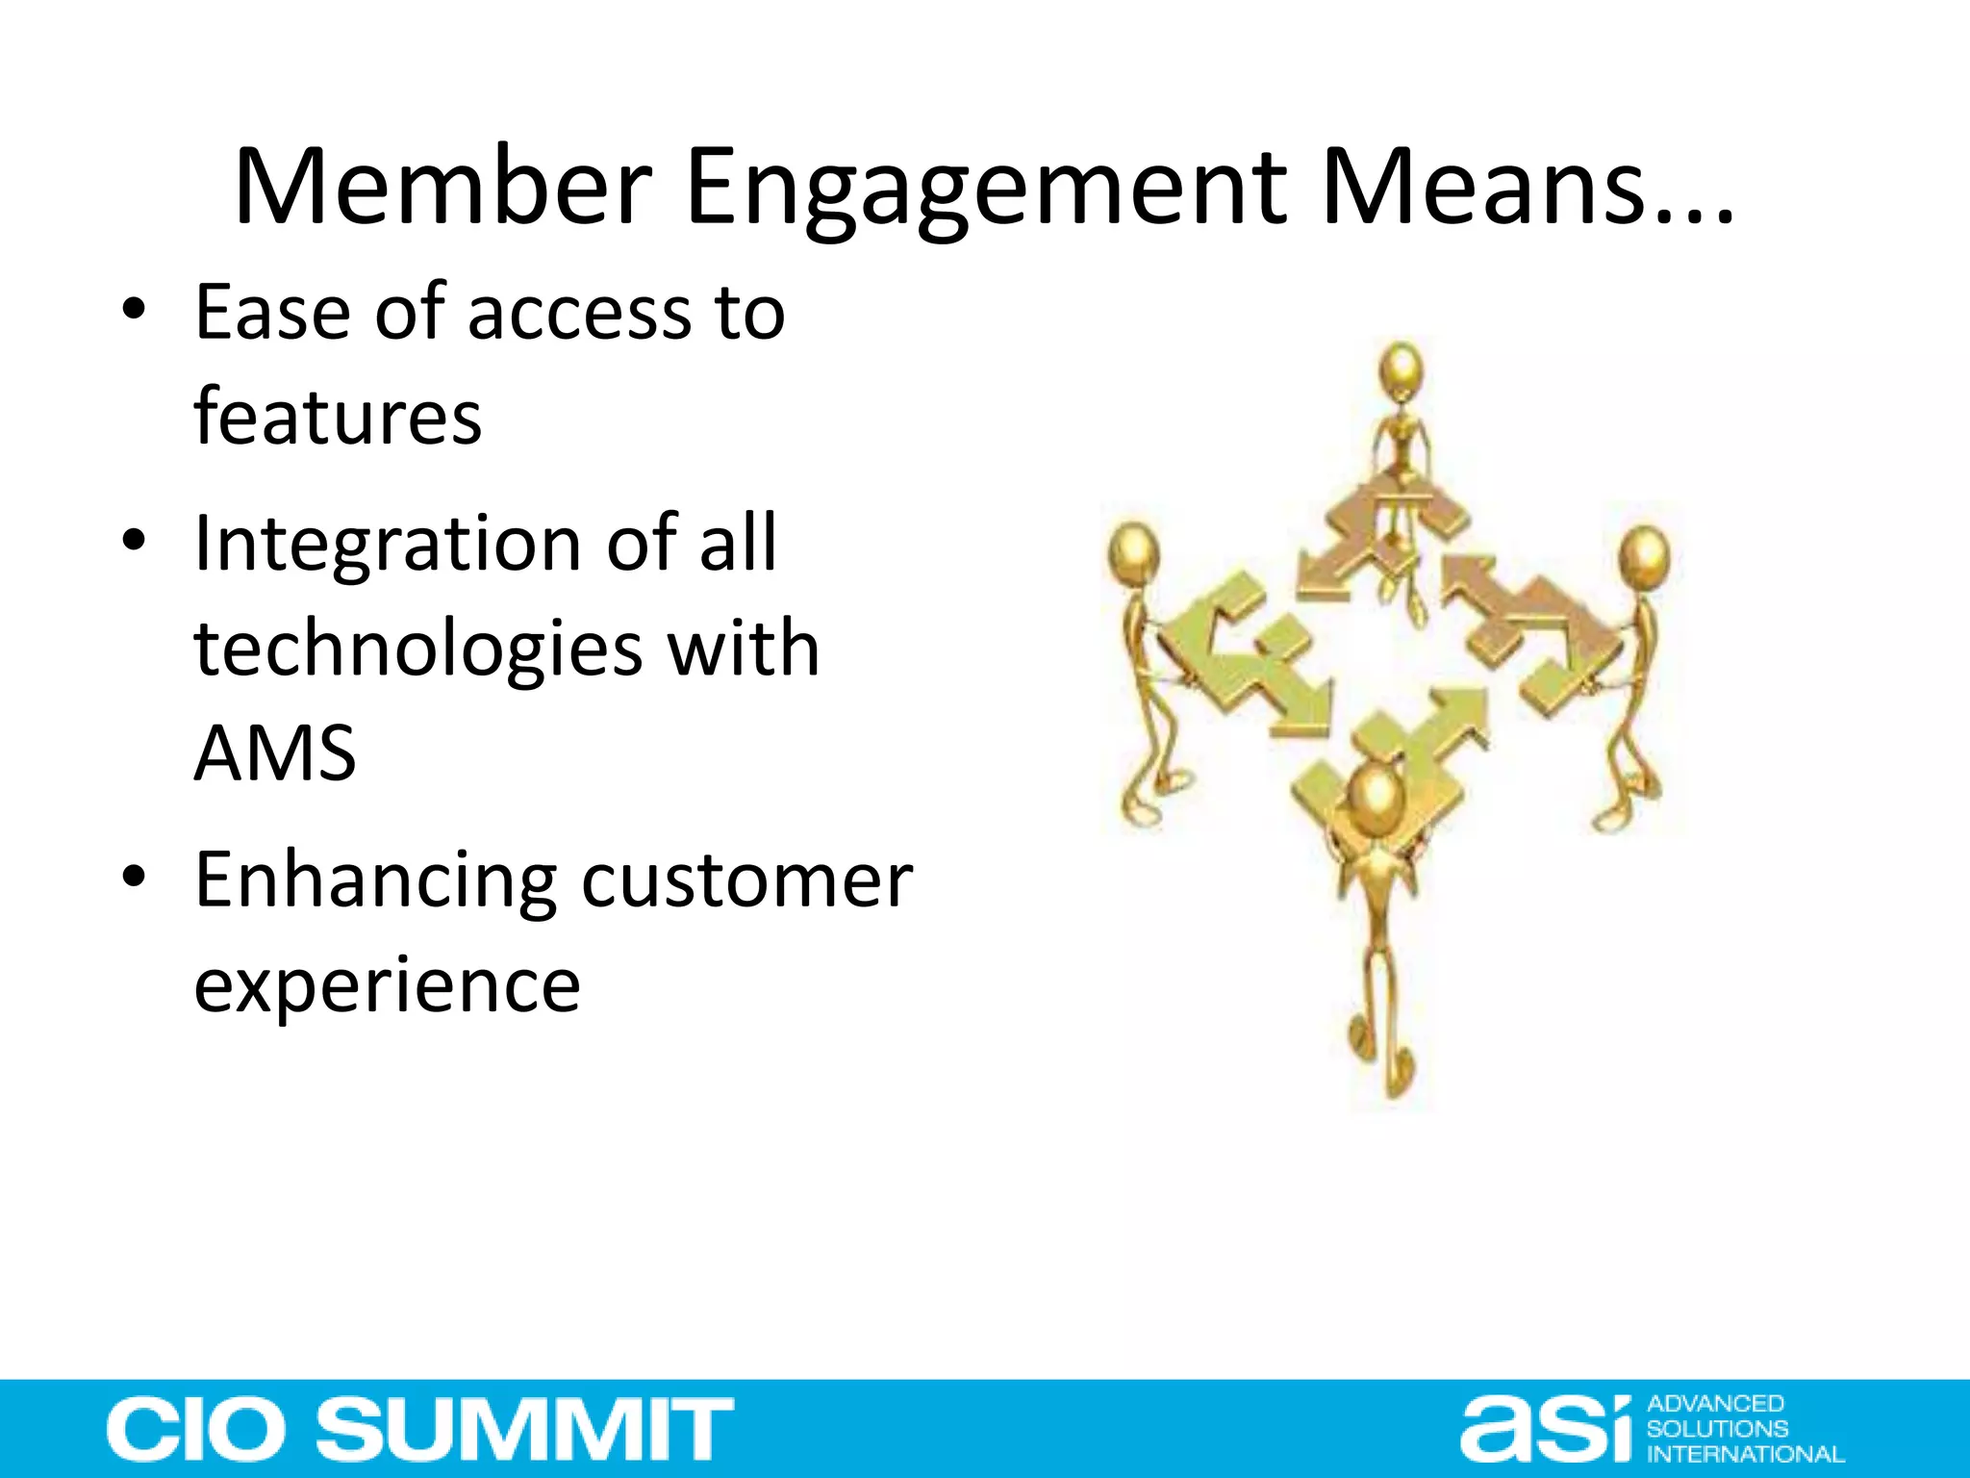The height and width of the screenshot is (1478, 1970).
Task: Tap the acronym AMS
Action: click(x=275, y=752)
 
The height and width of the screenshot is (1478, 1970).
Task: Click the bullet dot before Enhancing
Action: click(x=134, y=878)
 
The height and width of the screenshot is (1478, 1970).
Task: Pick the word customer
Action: click(x=746, y=879)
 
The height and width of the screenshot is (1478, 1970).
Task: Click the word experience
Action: click(x=387, y=985)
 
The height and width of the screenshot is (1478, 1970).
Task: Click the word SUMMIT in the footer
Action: click(x=525, y=1429)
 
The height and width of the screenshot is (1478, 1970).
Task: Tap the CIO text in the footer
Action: click(x=192, y=1429)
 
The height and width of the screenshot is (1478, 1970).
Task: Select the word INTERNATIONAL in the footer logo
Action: click(x=1745, y=1454)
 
